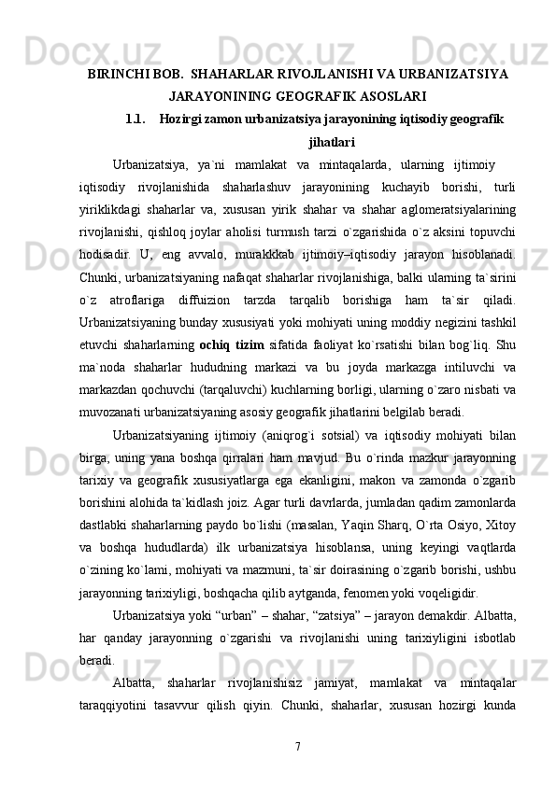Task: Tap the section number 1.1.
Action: pos(135,119)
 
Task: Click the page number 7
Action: pos(296,747)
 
